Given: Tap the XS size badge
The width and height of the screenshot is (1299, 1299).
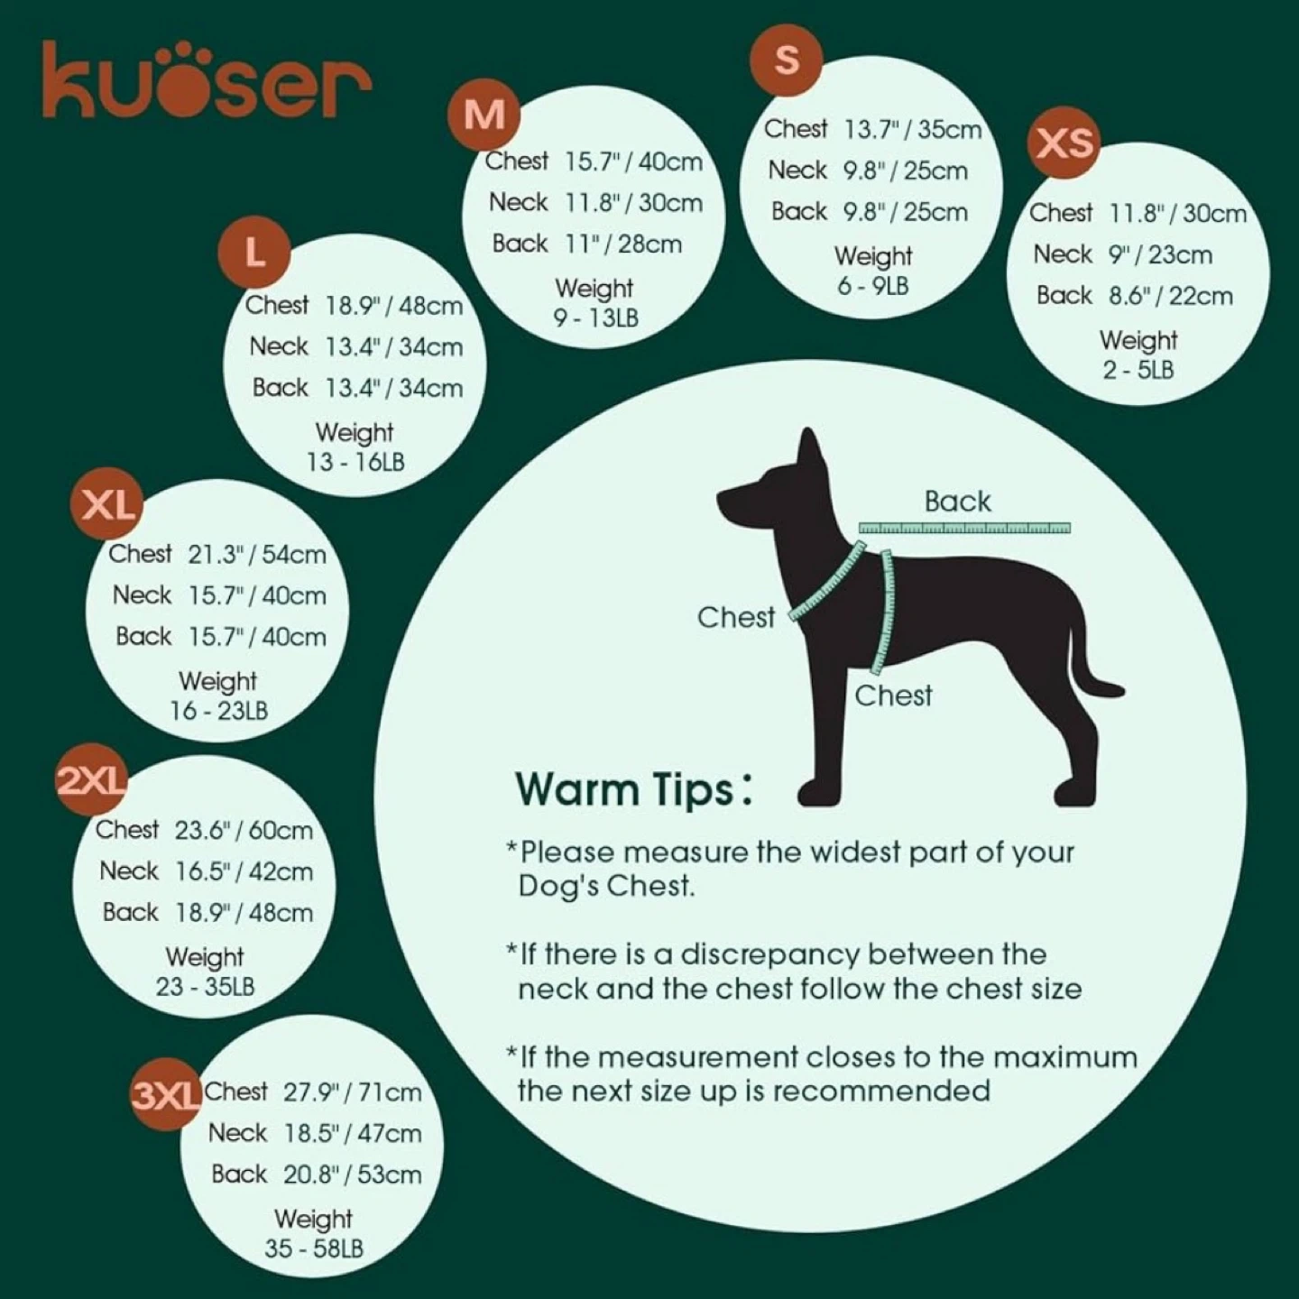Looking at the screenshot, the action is pos(1064,143).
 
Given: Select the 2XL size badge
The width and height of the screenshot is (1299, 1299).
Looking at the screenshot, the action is pos(92,780).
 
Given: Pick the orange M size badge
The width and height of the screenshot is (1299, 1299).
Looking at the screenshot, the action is pos(484,115).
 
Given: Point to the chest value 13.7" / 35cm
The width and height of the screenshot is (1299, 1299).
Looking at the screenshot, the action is pos(913,129).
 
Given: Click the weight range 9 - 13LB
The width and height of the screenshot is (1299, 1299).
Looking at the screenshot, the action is pos(596,318).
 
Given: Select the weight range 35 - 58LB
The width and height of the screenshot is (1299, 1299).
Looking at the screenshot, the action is pos(313,1248).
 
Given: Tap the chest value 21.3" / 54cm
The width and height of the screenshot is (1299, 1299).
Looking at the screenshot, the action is pos(257,555).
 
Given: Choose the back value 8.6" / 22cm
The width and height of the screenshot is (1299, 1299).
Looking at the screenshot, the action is pos(1171,296).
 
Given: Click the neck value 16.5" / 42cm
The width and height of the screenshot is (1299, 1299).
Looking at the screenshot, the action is pos(244,871).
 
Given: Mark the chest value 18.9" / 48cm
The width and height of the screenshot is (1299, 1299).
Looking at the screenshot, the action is pos(394,306).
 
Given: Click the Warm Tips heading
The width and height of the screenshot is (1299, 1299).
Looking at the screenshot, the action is pos(633,789).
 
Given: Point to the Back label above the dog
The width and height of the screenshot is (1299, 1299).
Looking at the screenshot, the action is pos(957,502).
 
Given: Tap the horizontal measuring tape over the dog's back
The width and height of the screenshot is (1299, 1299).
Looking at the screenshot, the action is pos(964,528).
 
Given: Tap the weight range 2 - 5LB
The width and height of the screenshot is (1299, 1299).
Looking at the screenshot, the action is pos(1138,370).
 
